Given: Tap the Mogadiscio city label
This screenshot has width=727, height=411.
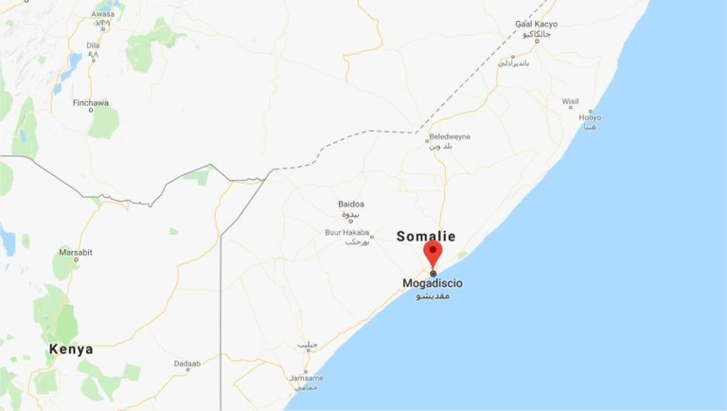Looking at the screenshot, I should [433, 283].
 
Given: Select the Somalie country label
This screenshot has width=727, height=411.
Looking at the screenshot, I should [426, 236].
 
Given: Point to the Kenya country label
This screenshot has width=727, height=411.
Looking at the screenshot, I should [72, 349].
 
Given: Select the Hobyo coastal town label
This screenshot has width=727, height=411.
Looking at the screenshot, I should [592, 117].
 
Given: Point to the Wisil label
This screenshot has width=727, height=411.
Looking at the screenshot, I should [570, 100].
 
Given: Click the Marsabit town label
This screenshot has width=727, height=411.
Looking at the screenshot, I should [75, 252].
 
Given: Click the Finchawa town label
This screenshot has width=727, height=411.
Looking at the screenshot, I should [91, 102].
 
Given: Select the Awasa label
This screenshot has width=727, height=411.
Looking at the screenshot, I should [102, 15].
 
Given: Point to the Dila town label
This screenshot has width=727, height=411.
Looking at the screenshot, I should [93, 45].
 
